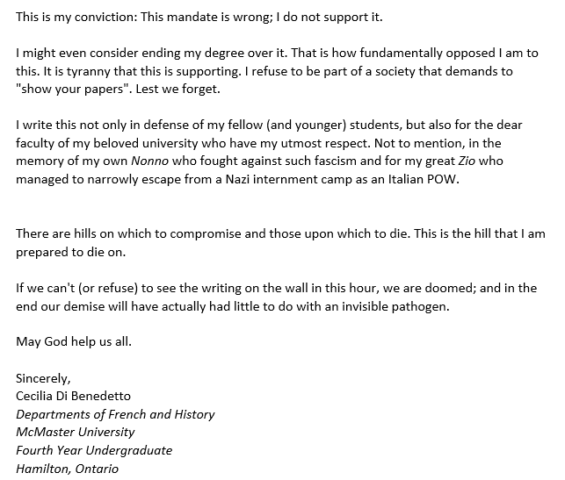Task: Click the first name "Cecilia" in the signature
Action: (38, 396)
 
